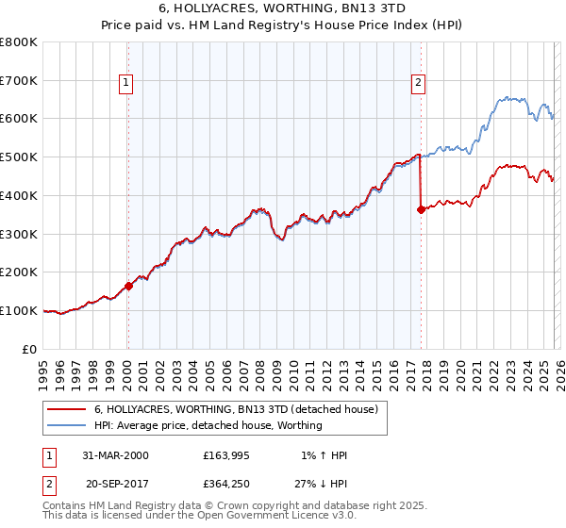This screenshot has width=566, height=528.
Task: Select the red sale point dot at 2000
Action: click(129, 286)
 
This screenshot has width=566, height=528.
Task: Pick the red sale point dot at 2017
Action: click(421, 209)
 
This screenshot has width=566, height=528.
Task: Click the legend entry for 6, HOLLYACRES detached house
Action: click(236, 409)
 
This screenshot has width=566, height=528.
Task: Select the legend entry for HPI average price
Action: click(208, 425)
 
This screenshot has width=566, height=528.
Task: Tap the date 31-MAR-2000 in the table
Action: click(115, 455)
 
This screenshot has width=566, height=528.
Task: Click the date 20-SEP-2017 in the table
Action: click(115, 484)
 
